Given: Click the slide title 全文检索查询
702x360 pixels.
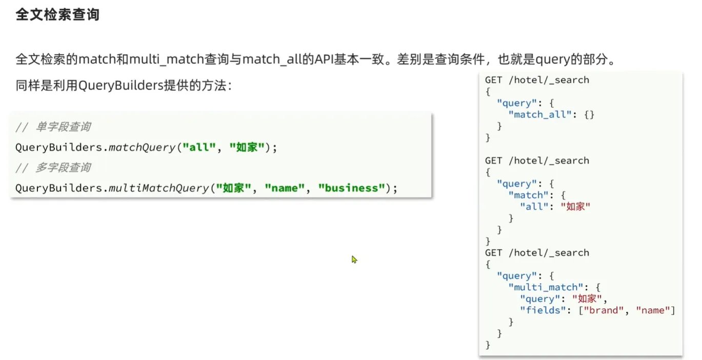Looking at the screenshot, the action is pos(57,15).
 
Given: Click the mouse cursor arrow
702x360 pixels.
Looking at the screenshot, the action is pos(354,259).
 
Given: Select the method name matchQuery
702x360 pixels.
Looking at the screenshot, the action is pos(142,147).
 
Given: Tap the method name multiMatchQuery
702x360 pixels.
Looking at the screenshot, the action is pos(158,188).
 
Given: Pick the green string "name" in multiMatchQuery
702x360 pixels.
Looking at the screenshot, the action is pos(285,188).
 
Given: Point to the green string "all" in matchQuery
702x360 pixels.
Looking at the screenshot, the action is pos(199,147).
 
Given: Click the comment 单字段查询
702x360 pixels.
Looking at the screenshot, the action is pos(63,127).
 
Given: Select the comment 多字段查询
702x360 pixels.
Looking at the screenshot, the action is pos(63,168).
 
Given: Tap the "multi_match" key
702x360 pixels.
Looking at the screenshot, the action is pos(546,287).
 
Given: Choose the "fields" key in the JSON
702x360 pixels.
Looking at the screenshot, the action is pos(543,310).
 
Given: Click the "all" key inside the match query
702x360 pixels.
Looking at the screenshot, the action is pos(534,207).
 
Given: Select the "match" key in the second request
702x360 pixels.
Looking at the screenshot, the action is pos(528,195).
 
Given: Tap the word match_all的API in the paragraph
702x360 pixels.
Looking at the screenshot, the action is pos(288,59).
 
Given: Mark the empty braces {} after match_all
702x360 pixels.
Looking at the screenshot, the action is pos(589,115).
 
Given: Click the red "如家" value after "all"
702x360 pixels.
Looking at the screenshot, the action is pos(575,207).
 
